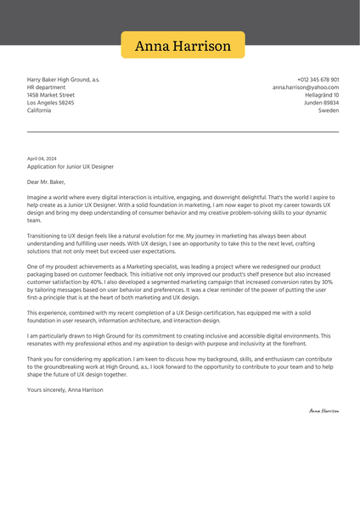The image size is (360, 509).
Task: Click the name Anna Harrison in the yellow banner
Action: pyautogui.click(x=183, y=46)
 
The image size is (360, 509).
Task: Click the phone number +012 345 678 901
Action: pyautogui.click(x=318, y=80)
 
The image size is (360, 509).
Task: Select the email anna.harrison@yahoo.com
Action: pyautogui.click(x=306, y=87)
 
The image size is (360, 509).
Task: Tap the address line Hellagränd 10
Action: pyautogui.click(x=322, y=95)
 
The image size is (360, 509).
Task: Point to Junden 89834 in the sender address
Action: pyautogui.click(x=321, y=103)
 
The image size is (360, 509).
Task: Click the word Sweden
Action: pyautogui.click(x=329, y=110)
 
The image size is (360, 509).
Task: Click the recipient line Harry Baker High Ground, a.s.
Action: pyautogui.click(x=63, y=80)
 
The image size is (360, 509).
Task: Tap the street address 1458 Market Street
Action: pyautogui.click(x=50, y=95)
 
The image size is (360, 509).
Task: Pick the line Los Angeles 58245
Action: pyautogui.click(x=50, y=103)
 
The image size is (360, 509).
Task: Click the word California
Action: pyautogui.click(x=39, y=110)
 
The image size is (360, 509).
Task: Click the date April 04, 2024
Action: pyautogui.click(x=42, y=159)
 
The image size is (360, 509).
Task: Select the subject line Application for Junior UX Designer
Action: pyautogui.click(x=70, y=167)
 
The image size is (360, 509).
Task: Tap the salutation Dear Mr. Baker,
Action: pyautogui.click(x=45, y=182)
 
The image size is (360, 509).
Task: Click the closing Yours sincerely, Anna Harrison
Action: pyautogui.click(x=65, y=389)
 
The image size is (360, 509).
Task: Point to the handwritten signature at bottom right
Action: pyautogui.click(x=323, y=411)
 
